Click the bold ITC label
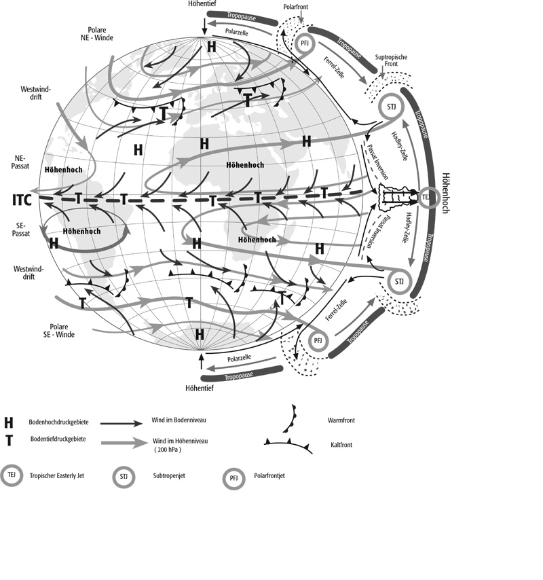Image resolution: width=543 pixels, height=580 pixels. (x=22, y=200)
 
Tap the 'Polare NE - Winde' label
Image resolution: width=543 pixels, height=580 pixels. (x=97, y=34)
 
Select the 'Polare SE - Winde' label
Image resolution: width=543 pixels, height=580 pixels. (x=59, y=331)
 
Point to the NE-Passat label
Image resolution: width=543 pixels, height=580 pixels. (x=20, y=162)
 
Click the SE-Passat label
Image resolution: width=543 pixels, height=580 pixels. (x=21, y=230)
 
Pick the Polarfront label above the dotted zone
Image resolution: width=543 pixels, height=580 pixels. (x=295, y=7)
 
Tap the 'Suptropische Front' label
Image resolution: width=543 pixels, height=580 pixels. (x=391, y=60)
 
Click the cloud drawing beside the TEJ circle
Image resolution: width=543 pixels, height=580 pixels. (x=397, y=197)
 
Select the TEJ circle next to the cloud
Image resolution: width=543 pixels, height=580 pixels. (x=428, y=198)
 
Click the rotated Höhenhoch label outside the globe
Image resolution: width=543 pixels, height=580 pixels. (x=445, y=193)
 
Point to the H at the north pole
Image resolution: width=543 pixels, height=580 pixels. (x=211, y=47)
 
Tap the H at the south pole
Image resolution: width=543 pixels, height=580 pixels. (x=200, y=334)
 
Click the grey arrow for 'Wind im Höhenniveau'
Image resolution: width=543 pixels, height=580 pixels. (x=124, y=442)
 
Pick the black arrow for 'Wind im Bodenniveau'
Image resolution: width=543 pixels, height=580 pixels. (x=121, y=423)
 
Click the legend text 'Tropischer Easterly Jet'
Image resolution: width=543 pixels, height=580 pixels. (x=57, y=475)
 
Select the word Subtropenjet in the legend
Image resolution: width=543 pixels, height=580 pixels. (x=169, y=475)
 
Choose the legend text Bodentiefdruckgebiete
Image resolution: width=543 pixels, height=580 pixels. (x=58, y=439)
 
